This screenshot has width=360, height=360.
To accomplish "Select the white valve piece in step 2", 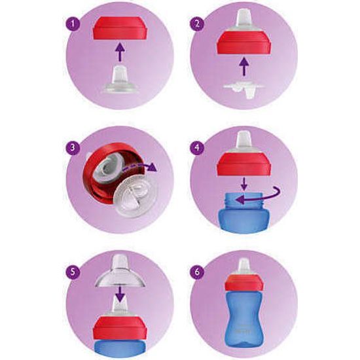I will [243, 88].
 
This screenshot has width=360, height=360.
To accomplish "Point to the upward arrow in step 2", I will [243, 65].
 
